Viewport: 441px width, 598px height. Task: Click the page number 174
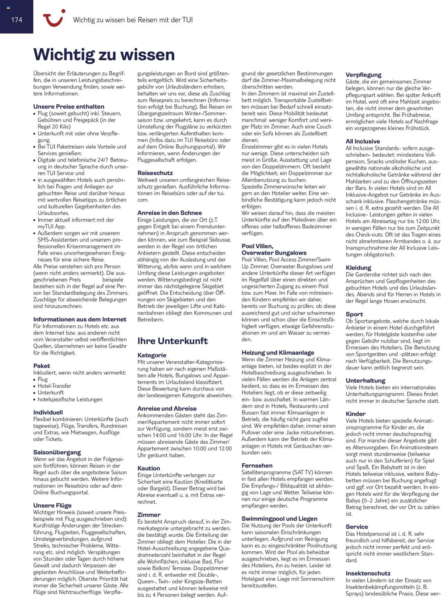(17, 20)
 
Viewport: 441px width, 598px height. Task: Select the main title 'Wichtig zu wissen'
(104, 55)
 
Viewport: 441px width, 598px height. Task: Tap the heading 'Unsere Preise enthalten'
(69, 106)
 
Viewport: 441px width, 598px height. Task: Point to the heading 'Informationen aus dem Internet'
(80, 319)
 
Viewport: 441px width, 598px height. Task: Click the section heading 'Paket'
(42, 366)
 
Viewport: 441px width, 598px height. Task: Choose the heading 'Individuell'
(48, 412)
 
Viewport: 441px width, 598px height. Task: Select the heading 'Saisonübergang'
(57, 452)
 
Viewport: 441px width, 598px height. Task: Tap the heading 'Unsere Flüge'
(52, 505)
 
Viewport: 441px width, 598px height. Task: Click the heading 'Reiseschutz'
(155, 173)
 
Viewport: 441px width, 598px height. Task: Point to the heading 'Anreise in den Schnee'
(170, 213)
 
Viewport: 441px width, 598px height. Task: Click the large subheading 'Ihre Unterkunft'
(173, 341)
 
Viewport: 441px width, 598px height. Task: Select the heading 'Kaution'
(148, 468)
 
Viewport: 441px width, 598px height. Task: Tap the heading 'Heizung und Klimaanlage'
(278, 352)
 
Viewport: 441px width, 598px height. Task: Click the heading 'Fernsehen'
(257, 465)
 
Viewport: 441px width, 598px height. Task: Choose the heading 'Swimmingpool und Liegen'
(279, 518)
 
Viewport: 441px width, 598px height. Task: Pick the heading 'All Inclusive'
(363, 141)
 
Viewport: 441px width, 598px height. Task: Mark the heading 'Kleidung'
(358, 268)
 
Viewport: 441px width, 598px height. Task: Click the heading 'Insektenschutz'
(368, 573)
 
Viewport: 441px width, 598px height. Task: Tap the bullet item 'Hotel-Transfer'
(54, 386)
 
